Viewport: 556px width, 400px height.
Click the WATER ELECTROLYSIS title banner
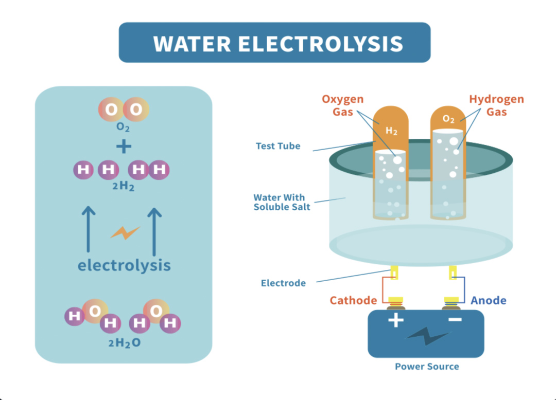[274, 43]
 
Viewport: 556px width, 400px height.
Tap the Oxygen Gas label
[342, 105]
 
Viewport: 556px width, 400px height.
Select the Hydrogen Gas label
[496, 105]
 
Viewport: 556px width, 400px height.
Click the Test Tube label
[278, 146]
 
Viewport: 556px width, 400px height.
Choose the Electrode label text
[283, 283]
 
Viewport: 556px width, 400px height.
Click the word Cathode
[353, 300]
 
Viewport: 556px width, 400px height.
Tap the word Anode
[488, 300]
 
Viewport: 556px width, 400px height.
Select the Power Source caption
[427, 367]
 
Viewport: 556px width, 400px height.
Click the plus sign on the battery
[395, 320]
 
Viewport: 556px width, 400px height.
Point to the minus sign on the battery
[455, 320]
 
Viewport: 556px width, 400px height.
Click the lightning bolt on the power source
[427, 337]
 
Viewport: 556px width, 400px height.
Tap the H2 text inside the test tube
[392, 132]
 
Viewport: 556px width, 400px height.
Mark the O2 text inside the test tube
[449, 119]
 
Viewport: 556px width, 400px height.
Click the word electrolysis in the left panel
[124, 265]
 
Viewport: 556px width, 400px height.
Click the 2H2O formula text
[124, 343]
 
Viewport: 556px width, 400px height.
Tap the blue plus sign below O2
[124, 147]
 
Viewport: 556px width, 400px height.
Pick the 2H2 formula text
[124, 187]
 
